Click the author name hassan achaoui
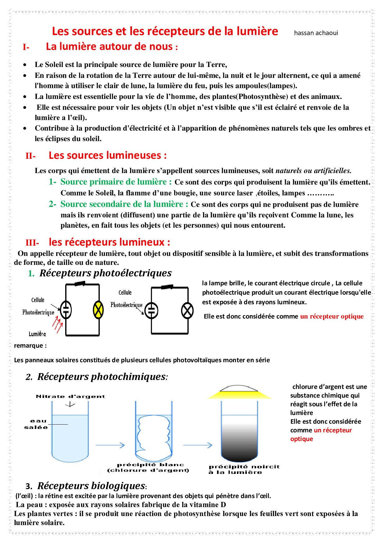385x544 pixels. [316, 33]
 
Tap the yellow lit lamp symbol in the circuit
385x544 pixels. [98, 310]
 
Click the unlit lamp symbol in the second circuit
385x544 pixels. [187, 310]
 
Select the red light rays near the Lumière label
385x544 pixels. [57, 324]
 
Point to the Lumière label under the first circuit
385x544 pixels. [37, 334]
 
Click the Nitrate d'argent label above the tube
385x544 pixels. [70, 396]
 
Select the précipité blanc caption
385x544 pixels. [150, 465]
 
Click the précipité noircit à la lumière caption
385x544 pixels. [244, 469]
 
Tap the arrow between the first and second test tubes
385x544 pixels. [110, 445]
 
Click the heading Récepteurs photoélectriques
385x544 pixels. [105, 273]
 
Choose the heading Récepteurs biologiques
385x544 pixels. [91, 486]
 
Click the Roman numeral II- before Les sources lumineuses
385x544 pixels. [30, 156]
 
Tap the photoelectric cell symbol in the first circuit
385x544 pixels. [66, 310]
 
